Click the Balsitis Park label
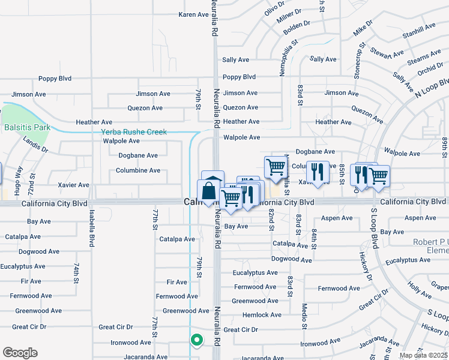(x=26, y=127)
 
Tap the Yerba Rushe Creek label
(x=133, y=131)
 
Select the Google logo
(x=20, y=353)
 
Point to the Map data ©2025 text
(x=423, y=355)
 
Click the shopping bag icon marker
(x=208, y=191)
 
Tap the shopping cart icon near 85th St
(x=378, y=176)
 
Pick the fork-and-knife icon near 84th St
(x=318, y=172)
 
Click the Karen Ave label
(x=193, y=14)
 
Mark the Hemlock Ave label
(x=262, y=314)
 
